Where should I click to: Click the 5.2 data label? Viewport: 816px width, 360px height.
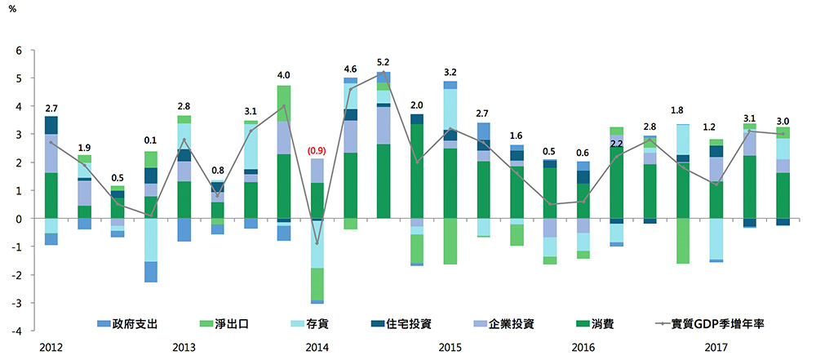point(384,62)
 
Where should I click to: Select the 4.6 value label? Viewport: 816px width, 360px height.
point(350,69)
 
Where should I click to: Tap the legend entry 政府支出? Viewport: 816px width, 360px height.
point(131,323)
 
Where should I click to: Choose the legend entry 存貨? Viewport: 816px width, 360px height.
point(324,323)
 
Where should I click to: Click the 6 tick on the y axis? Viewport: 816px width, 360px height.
point(19,51)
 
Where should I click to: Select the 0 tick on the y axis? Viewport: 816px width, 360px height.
point(19,219)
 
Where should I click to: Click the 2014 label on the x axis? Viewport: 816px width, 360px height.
point(317,348)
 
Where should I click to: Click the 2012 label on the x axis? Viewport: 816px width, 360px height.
point(51,348)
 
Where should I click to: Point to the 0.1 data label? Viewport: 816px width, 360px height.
point(150,140)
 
